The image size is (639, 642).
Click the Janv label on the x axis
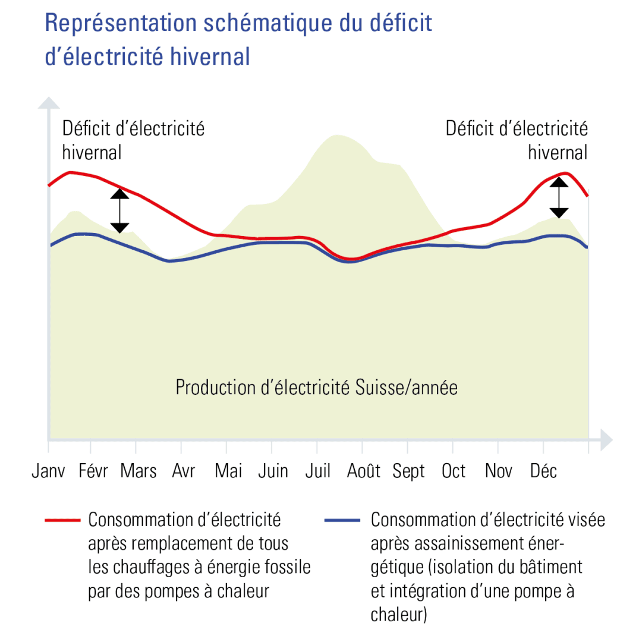click(x=49, y=471)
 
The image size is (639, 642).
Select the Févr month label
click(x=93, y=471)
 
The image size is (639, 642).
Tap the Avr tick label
click(x=184, y=471)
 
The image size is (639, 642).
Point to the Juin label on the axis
click(x=273, y=471)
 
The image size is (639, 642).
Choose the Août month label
click(x=363, y=471)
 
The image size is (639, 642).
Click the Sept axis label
click(x=409, y=471)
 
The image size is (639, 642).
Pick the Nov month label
click(x=499, y=471)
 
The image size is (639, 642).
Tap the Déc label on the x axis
click(x=543, y=471)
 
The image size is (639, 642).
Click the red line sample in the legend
click(x=62, y=520)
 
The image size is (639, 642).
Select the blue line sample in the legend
click(x=342, y=520)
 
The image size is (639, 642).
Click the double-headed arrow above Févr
click(x=119, y=210)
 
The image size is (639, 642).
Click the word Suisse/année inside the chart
click(x=407, y=388)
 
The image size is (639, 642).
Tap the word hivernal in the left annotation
click(x=92, y=152)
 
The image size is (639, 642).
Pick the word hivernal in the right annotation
click(x=558, y=152)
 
